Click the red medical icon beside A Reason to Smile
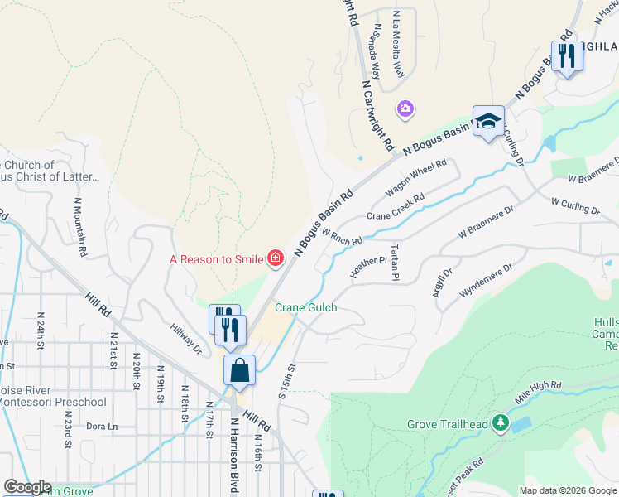[x=275, y=259]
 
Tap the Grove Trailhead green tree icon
[x=500, y=424]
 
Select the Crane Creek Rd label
[x=396, y=207]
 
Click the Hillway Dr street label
[x=186, y=336]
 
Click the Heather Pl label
[x=368, y=266]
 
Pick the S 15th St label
[x=291, y=379]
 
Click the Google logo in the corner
[x=26, y=487]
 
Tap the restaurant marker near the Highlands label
[x=567, y=56]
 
